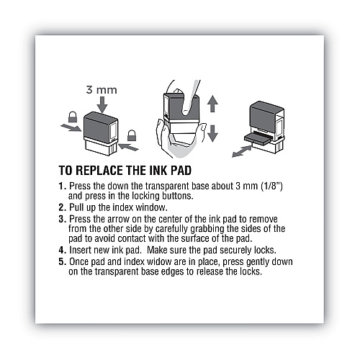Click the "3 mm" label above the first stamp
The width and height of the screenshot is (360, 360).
(x=102, y=90)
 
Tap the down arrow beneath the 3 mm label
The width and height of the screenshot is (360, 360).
(x=102, y=104)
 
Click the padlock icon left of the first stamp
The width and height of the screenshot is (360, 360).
(x=73, y=117)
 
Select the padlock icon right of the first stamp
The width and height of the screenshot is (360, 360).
(x=132, y=135)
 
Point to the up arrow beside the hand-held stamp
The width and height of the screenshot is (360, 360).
(x=212, y=103)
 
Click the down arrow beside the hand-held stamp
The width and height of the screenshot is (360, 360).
(x=212, y=133)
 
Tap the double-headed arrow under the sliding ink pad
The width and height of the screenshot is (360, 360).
(x=242, y=151)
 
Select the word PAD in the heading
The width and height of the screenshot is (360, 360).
(x=181, y=171)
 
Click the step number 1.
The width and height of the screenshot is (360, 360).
(x=62, y=186)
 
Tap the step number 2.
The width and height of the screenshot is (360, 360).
(x=62, y=207)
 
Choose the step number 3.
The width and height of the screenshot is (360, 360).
(x=62, y=219)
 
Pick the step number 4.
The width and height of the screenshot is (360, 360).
(x=62, y=250)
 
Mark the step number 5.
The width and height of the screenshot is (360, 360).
(x=62, y=261)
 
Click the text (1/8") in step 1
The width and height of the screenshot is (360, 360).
(x=271, y=186)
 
